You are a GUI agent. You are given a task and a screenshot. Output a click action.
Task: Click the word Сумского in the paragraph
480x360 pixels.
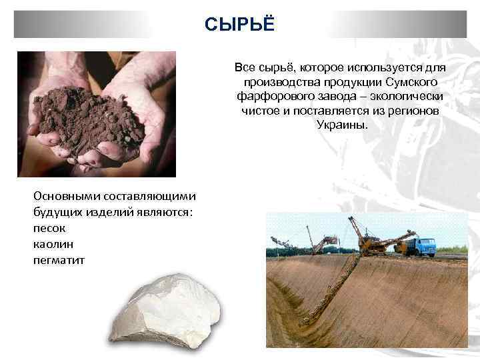pyautogui.click(x=411, y=83)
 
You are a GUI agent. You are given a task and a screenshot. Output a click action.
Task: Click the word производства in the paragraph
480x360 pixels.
pyautogui.click(x=275, y=83)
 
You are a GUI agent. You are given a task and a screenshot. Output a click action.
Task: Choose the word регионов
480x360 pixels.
pyautogui.click(x=413, y=111)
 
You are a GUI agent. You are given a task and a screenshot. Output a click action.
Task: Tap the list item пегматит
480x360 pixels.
pyautogui.click(x=59, y=258)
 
